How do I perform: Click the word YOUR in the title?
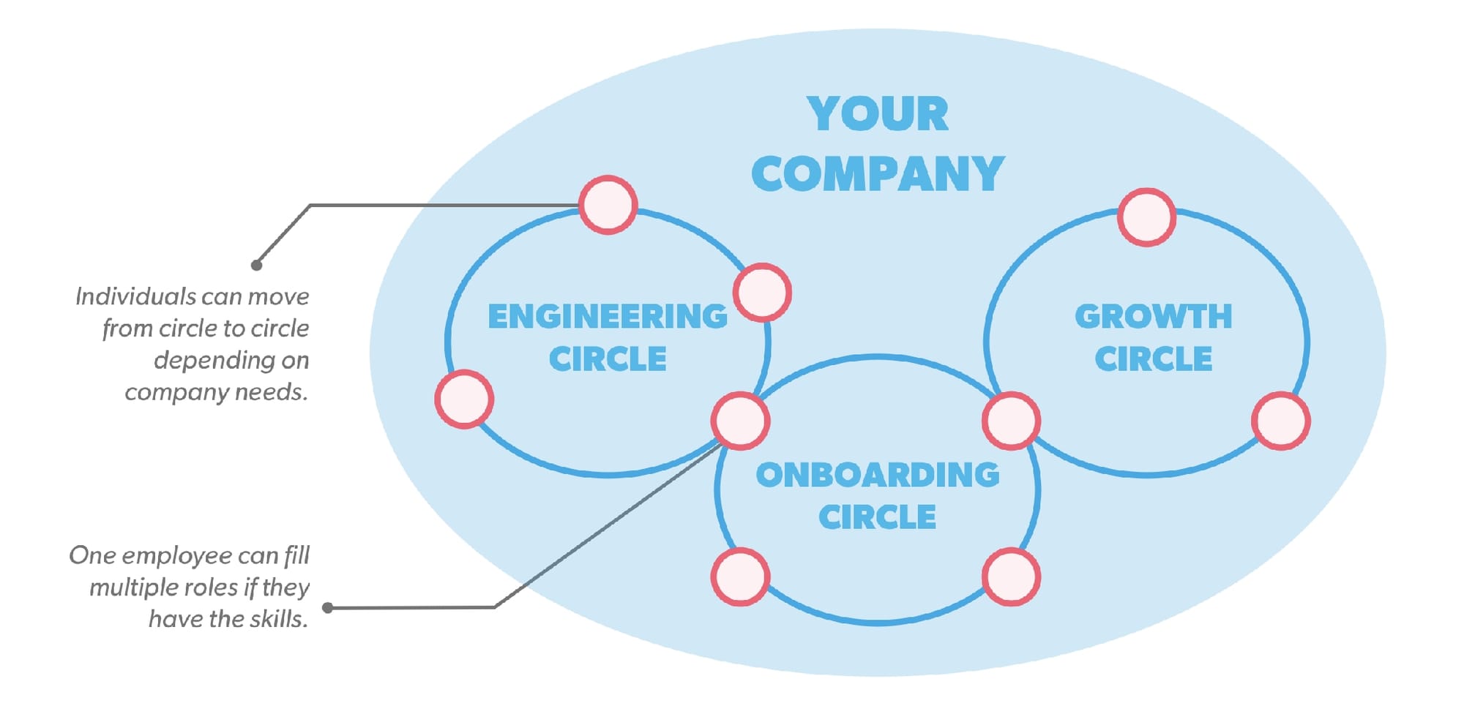pyautogui.click(x=877, y=114)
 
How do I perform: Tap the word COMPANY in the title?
pyautogui.click(x=877, y=174)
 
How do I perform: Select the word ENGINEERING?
pyautogui.click(x=607, y=317)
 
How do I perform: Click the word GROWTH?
pyautogui.click(x=1153, y=317)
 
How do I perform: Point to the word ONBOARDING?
pyautogui.click(x=877, y=475)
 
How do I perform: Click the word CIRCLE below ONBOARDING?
pyautogui.click(x=877, y=517)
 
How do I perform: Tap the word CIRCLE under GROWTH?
pyautogui.click(x=1153, y=358)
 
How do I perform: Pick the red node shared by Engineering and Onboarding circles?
pyautogui.click(x=740, y=421)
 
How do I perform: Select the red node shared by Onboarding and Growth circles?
pyautogui.click(x=1011, y=421)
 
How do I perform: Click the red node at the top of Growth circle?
pyautogui.click(x=1146, y=217)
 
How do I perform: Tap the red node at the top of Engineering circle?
pyautogui.click(x=608, y=205)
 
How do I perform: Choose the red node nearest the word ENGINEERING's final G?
pyautogui.click(x=762, y=293)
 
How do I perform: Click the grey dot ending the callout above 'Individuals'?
pyautogui.click(x=256, y=265)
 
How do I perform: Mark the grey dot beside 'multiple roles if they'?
pyautogui.click(x=328, y=607)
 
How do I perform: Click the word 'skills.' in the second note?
pyautogui.click(x=278, y=619)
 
